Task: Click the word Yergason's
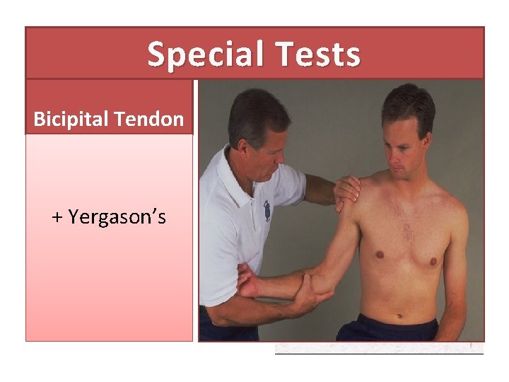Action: [118, 216]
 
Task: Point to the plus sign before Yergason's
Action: [57, 217]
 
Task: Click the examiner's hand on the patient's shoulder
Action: [347, 190]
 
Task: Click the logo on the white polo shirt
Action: [267, 210]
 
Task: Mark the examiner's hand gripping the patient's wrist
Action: [247, 280]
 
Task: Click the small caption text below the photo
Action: [378, 348]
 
